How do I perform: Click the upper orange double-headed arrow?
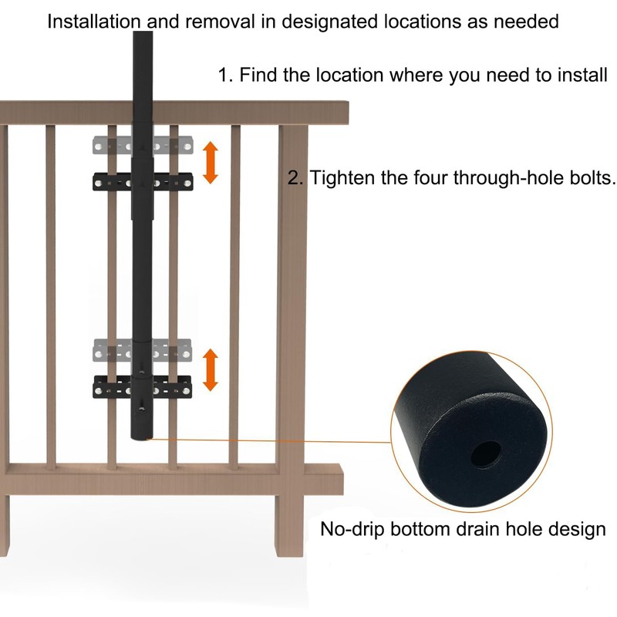click(x=211, y=163)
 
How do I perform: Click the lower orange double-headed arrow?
click(x=211, y=370)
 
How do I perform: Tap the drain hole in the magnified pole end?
click(x=486, y=454)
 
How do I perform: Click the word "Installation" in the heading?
click(x=93, y=22)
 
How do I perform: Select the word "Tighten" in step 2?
click(x=341, y=178)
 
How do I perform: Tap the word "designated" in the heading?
click(x=329, y=22)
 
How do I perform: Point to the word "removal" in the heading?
click(x=220, y=22)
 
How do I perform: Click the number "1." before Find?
click(x=226, y=75)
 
